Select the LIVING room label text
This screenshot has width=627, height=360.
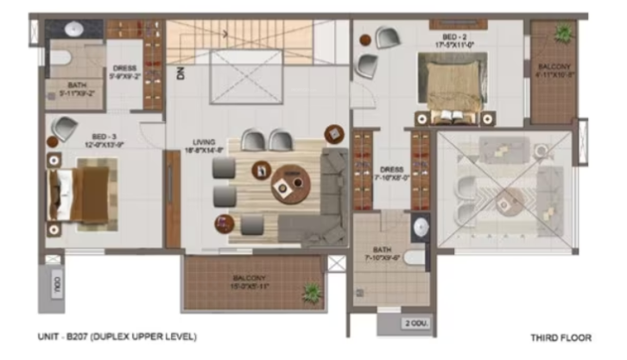click(x=208, y=146)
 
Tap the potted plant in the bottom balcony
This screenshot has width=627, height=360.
click(x=311, y=294)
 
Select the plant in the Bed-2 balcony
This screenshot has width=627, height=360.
click(x=563, y=33)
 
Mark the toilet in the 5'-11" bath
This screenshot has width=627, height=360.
click(x=58, y=59)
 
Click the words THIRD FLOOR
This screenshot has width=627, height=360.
click(x=560, y=338)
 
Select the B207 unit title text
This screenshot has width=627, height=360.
click(x=117, y=337)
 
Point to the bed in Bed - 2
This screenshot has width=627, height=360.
click(x=452, y=83)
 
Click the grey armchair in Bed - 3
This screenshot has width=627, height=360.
click(x=63, y=129)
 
